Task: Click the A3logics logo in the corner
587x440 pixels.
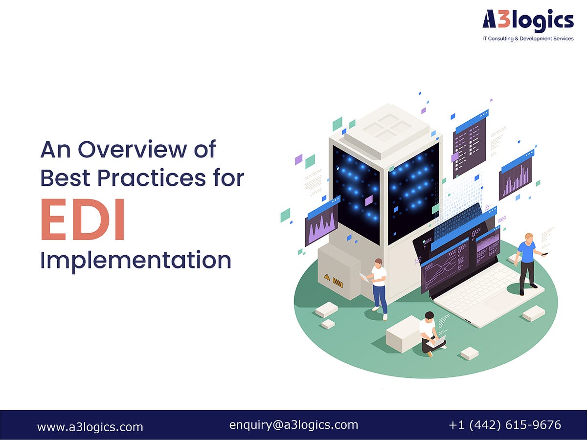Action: point(528,21)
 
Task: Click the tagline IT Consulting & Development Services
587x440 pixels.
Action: point(528,39)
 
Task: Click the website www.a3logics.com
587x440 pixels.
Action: point(90,426)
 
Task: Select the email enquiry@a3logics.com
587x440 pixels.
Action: point(293,425)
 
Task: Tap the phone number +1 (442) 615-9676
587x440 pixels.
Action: point(505,425)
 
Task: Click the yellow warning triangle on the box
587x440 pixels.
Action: point(326,277)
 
